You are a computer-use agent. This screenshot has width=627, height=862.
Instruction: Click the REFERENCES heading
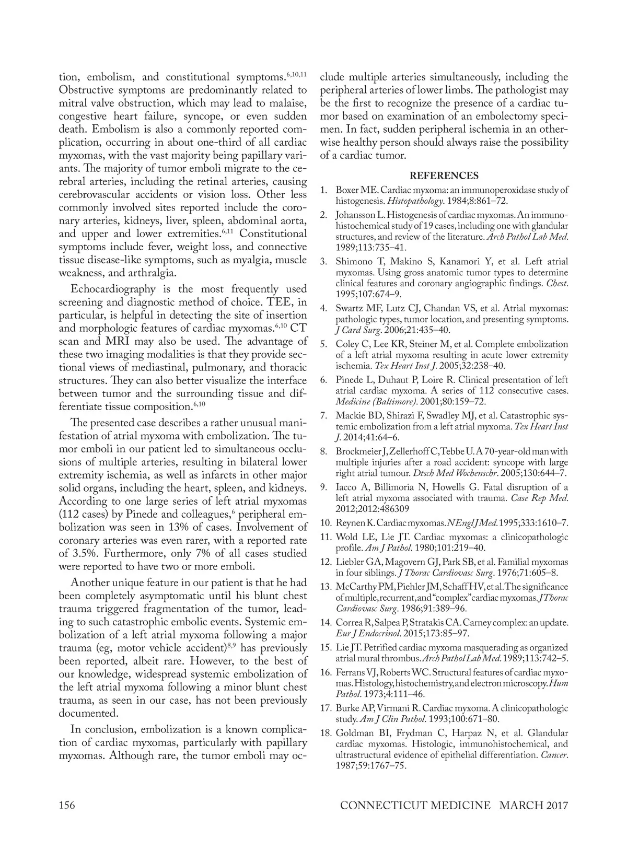[444, 176]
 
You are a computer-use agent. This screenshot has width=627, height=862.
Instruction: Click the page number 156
[67, 820]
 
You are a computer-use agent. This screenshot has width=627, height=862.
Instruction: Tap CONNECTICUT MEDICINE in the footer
[415, 820]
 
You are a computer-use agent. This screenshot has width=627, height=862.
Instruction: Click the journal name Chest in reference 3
[556, 283]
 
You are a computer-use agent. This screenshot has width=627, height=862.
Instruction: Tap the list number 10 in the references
[326, 522]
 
